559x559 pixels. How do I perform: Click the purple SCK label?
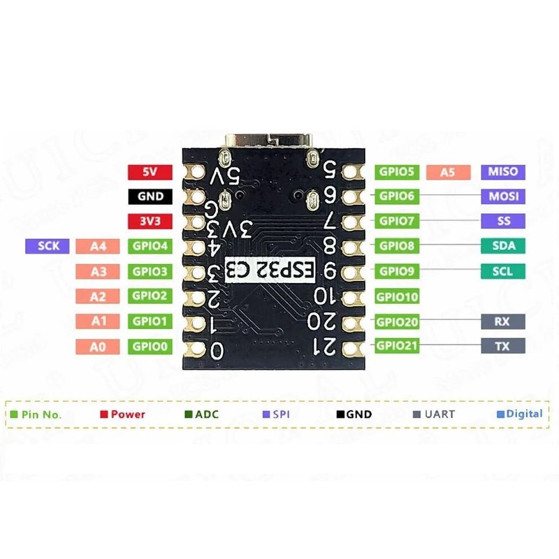tap(48, 246)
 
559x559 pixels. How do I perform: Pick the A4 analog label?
tap(99, 246)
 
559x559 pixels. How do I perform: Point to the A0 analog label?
tap(99, 346)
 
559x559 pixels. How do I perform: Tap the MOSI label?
tap(503, 197)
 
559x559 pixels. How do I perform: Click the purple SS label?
tap(503, 222)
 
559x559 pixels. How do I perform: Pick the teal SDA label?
tap(503, 246)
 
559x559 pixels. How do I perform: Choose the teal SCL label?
tap(503, 271)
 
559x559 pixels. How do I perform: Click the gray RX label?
tap(503, 321)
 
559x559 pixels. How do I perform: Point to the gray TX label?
tap(503, 346)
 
